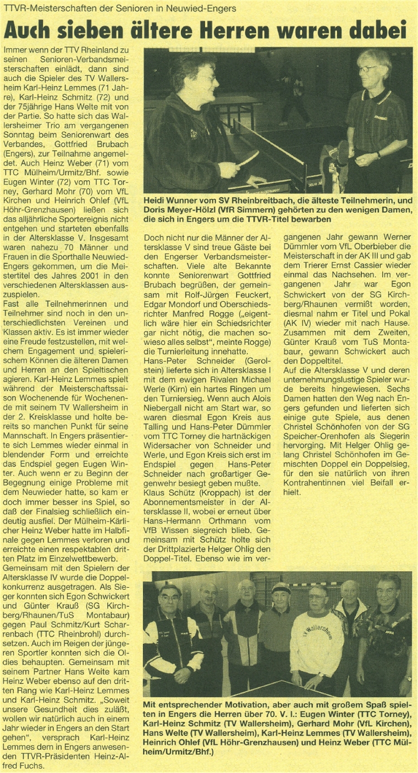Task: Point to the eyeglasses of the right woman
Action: pyautogui.click(x=367, y=69)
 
